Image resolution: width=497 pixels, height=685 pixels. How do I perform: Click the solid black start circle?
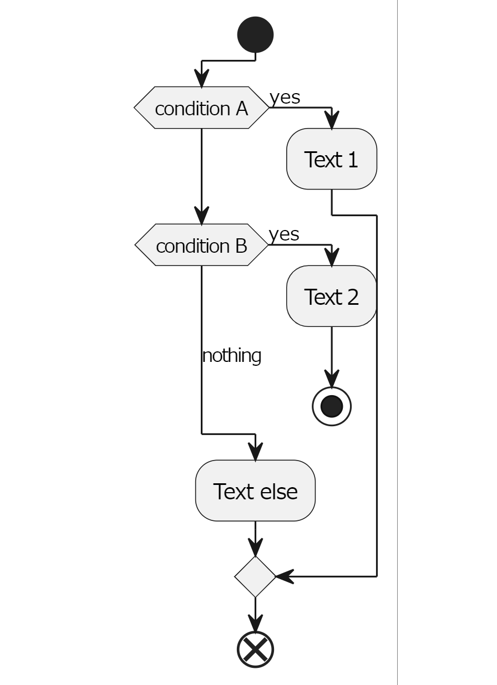pyautogui.click(x=255, y=34)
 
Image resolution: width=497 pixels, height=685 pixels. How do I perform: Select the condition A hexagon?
pyautogui.click(x=201, y=108)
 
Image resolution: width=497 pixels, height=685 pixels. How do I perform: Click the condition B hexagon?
pyautogui.click(x=201, y=245)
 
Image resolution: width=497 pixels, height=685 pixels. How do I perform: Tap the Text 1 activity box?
pyautogui.click(x=331, y=159)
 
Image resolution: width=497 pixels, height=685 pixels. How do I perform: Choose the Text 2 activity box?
pyautogui.click(x=331, y=297)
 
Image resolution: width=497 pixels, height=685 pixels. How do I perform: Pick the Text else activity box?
pyautogui.click(x=255, y=490)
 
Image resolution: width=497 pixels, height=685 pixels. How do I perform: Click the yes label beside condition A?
pyautogui.click(x=285, y=97)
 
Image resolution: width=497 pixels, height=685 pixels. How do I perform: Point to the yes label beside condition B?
pyautogui.click(x=284, y=234)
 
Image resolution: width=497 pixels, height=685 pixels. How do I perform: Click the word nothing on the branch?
pyautogui.click(x=231, y=355)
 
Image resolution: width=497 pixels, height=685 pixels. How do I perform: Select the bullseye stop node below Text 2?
pyautogui.click(x=331, y=406)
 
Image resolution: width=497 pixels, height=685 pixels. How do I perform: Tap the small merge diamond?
pyautogui.click(x=255, y=576)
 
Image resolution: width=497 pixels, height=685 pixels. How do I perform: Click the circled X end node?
pyautogui.click(x=255, y=649)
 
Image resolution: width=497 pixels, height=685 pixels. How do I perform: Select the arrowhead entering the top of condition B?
pyautogui.click(x=201, y=216)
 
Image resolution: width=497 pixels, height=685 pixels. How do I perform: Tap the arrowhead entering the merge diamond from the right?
pyautogui.click(x=284, y=576)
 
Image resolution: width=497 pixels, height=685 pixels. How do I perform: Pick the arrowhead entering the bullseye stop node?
pyautogui.click(x=331, y=381)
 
